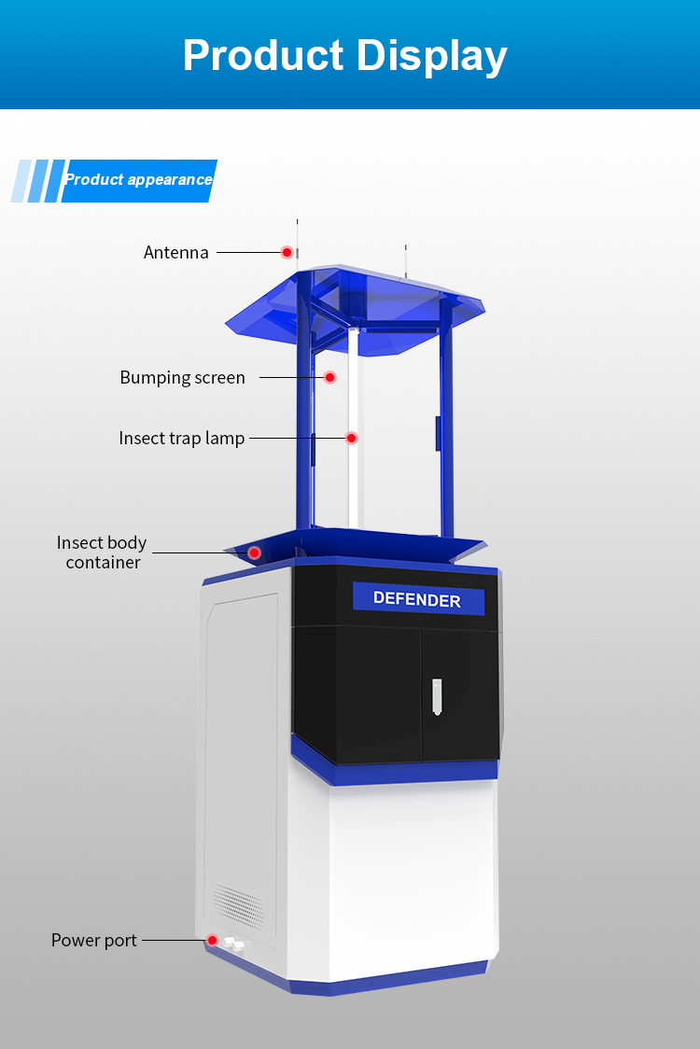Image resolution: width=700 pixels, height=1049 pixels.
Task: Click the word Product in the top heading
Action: point(262,55)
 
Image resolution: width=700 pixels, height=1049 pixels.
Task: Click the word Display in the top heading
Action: point(431,55)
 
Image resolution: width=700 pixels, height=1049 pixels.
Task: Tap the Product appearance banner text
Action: point(138,180)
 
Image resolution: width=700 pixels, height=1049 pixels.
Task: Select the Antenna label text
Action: point(175,253)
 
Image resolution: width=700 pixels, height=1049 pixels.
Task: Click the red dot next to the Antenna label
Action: point(287,252)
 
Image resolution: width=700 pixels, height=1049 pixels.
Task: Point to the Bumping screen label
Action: point(182,378)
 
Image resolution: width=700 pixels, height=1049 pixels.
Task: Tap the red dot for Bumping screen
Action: point(329,377)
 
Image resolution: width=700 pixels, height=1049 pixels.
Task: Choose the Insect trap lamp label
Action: point(181,439)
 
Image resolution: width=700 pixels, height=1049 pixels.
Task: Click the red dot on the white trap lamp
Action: point(352,438)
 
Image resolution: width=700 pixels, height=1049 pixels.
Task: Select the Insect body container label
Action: point(102,552)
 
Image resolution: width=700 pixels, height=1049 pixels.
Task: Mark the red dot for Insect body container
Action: point(254,552)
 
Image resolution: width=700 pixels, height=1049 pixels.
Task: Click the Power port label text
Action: point(93,941)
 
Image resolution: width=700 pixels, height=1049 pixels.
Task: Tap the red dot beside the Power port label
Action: point(213,940)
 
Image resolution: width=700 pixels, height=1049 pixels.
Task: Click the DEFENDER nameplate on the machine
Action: point(417,599)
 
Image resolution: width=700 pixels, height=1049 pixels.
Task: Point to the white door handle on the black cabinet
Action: point(436,697)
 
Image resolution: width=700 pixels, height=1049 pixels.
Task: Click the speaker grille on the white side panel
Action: point(239,902)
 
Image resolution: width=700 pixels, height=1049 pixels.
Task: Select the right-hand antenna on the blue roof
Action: point(406,260)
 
